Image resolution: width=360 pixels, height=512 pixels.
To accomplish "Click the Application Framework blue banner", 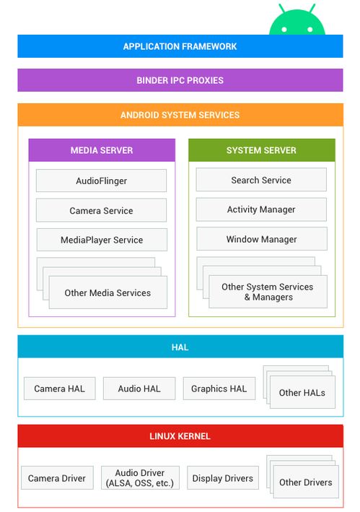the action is tap(180, 46).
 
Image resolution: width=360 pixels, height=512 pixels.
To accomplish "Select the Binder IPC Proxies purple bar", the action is tap(180, 80).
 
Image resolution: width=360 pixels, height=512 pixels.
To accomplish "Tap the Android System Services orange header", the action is tap(180, 115).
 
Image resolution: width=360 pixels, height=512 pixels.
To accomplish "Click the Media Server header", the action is tap(102, 150).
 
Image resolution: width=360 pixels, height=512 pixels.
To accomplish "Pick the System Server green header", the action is tap(261, 150).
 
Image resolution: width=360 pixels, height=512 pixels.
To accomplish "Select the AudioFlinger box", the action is tap(102, 181).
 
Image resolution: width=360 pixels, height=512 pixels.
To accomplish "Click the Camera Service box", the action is tap(102, 210).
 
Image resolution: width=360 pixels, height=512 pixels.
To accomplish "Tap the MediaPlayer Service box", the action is tap(102, 240).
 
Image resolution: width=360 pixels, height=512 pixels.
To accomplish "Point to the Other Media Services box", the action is tap(108, 292).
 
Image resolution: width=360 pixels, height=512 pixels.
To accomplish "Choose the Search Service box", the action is tap(261, 180).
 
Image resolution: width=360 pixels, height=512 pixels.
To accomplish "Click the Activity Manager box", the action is tap(261, 209).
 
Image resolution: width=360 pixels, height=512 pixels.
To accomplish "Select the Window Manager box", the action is tap(261, 239).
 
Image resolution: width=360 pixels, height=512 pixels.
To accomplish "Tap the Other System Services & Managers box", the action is tap(268, 292).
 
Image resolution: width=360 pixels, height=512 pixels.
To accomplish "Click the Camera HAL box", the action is tap(60, 389).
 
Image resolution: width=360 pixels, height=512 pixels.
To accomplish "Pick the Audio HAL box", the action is tap(139, 389).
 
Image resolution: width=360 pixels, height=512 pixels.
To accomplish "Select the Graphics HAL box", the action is tap(219, 389).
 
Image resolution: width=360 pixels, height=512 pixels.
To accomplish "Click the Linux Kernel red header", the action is tap(180, 436).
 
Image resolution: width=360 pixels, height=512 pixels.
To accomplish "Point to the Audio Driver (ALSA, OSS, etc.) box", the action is tap(140, 478).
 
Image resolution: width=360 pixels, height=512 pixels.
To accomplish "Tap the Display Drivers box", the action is tap(223, 478).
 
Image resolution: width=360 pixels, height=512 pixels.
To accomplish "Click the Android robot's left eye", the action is tap(284, 30).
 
